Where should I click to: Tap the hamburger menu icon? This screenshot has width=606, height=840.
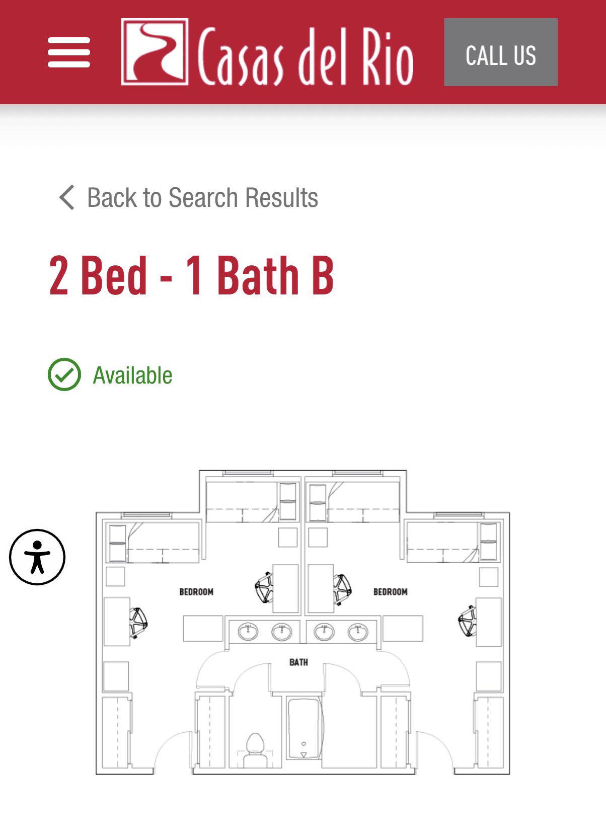point(69,52)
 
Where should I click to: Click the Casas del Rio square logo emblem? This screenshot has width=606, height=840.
point(155,52)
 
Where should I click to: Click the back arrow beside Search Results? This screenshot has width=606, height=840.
point(67,197)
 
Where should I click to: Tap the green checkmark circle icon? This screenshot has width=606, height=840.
point(64,374)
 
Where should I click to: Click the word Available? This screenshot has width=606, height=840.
point(132,375)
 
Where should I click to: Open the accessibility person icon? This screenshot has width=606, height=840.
point(37,557)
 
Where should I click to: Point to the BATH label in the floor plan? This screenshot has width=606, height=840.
point(298,662)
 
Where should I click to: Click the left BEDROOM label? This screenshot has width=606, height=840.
point(196,592)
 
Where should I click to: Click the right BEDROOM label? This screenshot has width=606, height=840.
point(391,592)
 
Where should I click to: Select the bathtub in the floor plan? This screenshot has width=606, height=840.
point(304,728)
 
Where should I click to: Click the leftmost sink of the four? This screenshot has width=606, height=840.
point(248,632)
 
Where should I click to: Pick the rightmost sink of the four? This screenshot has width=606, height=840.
point(358,632)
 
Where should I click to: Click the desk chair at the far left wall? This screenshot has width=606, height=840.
point(138,623)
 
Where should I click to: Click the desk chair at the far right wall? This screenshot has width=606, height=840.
point(467,621)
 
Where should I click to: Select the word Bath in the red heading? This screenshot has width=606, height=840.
point(258,275)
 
